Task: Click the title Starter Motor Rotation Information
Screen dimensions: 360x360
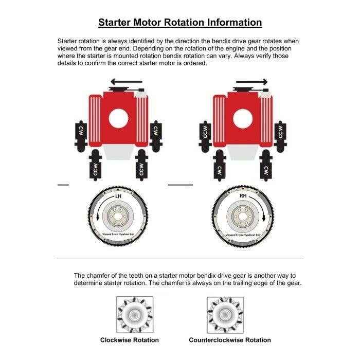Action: click(x=180, y=23)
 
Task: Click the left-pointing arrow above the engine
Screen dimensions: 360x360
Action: click(x=127, y=81)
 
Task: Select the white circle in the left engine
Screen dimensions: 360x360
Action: click(x=118, y=118)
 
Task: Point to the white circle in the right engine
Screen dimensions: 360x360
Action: click(x=243, y=119)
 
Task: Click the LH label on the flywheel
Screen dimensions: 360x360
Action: click(x=118, y=196)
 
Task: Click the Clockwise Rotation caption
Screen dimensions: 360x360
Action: click(x=129, y=340)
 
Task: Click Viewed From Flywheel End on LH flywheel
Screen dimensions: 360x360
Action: click(x=118, y=233)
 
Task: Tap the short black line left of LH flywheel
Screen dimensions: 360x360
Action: click(x=63, y=184)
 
